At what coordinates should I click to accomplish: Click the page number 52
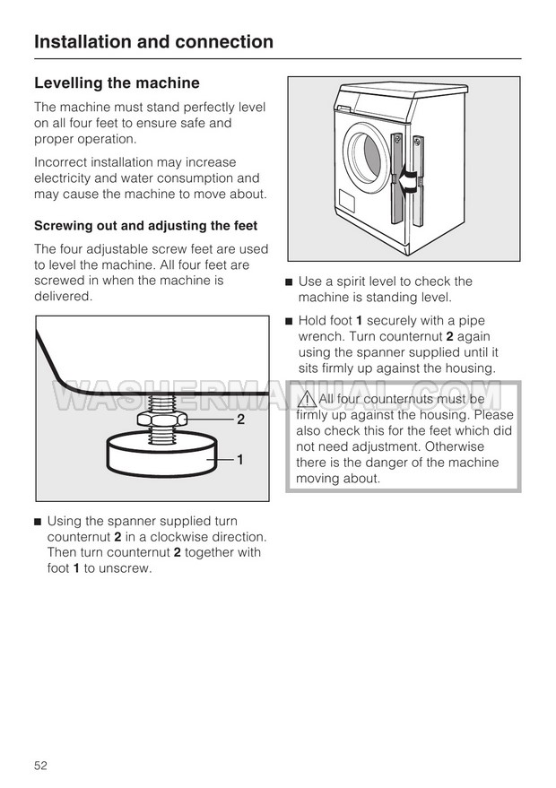40,765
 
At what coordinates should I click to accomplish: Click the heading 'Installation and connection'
153,41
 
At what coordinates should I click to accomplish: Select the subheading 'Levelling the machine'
117,83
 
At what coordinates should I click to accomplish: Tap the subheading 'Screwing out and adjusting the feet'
145,226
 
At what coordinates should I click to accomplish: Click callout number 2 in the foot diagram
240,419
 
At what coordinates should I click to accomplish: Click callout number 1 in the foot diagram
240,459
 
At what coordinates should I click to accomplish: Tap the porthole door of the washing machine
365,152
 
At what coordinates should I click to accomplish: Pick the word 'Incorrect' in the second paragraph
62,162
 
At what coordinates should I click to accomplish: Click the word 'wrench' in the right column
320,336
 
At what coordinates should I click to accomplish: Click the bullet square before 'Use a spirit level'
289,281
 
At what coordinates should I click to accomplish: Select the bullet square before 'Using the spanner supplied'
38,521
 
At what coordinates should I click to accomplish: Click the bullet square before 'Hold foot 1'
289,321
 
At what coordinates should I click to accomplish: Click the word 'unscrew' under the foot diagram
127,568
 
